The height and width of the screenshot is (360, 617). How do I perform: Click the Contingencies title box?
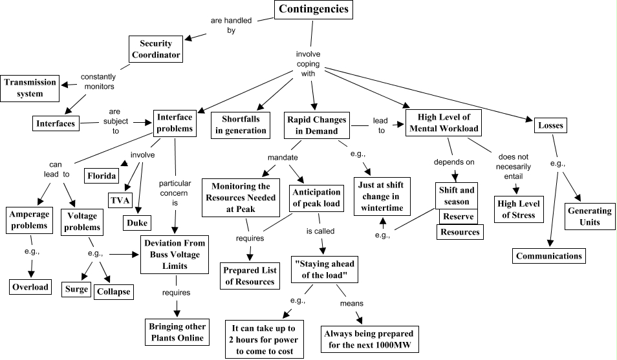(x=313, y=10)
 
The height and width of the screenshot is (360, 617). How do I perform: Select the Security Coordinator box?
(x=156, y=50)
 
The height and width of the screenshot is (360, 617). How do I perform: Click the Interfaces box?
(x=55, y=123)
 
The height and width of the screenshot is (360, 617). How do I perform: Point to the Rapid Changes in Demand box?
(x=316, y=125)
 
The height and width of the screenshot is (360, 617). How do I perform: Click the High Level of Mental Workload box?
(x=444, y=122)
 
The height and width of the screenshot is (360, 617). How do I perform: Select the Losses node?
(x=550, y=125)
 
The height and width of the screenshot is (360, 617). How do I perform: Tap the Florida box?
(x=102, y=175)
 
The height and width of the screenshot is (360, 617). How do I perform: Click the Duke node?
(x=137, y=223)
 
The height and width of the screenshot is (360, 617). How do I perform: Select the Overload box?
(x=30, y=287)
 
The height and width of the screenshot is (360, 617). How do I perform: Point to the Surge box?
(x=76, y=290)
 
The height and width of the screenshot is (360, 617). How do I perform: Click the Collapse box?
(x=113, y=291)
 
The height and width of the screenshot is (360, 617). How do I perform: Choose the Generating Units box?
(x=589, y=217)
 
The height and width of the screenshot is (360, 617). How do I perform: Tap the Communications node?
(x=549, y=256)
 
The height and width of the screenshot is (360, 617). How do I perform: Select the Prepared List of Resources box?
(x=249, y=275)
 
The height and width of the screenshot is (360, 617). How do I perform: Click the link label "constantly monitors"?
(x=97, y=81)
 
